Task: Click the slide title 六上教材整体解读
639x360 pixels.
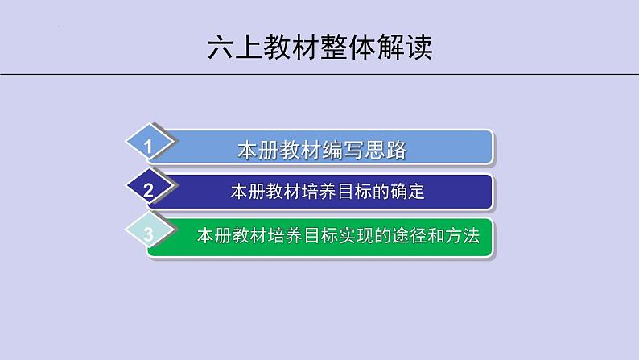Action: click(x=319, y=46)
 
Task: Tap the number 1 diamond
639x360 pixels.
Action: click(x=148, y=146)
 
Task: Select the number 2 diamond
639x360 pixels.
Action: click(x=148, y=191)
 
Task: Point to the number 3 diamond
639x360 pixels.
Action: click(x=148, y=235)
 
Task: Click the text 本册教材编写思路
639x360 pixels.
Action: click(x=321, y=149)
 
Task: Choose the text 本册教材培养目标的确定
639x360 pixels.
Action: click(x=327, y=192)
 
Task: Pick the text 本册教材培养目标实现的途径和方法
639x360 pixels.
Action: click(x=338, y=237)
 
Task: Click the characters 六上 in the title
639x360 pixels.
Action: click(x=235, y=46)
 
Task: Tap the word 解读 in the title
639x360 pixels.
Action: click(x=405, y=46)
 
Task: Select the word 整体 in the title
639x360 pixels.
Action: click(x=348, y=46)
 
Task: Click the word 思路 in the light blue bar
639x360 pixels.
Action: click(x=385, y=149)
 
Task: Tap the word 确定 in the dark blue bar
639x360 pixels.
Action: click(x=407, y=192)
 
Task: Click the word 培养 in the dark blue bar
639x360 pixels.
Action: click(x=310, y=192)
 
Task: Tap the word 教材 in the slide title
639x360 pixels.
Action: click(x=291, y=46)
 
